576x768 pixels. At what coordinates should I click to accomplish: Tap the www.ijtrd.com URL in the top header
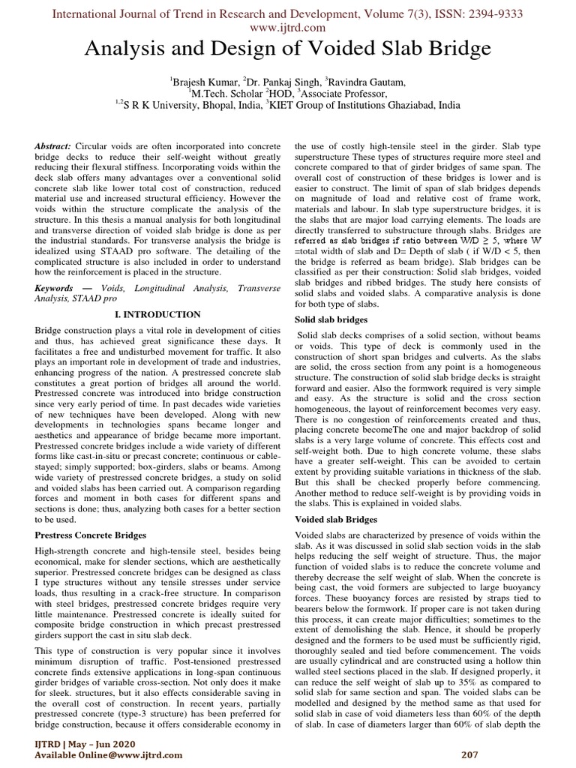(287, 27)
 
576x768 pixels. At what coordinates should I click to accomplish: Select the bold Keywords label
(55, 288)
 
